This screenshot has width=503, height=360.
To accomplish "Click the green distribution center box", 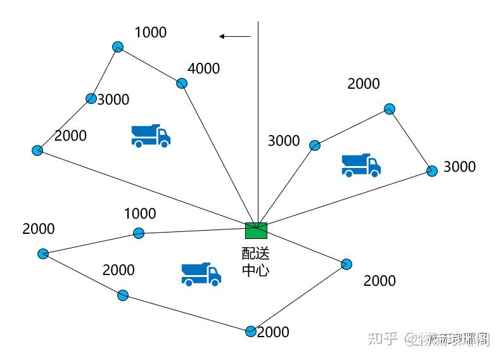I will [x=256, y=230].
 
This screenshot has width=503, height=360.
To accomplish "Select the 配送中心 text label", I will [x=256, y=262].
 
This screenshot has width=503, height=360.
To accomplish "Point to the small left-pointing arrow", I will [x=234, y=37].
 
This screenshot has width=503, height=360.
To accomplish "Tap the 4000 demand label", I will [x=203, y=68].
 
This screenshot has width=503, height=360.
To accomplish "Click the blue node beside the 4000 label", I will [x=182, y=83].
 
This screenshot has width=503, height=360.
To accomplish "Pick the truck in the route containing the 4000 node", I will [x=151, y=136].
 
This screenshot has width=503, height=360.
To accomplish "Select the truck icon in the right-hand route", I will [x=361, y=165].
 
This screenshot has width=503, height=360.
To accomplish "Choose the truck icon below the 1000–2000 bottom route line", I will [x=201, y=274].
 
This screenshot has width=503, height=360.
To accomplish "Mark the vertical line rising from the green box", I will [x=258, y=120].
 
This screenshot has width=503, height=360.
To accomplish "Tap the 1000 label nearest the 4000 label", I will [x=151, y=32].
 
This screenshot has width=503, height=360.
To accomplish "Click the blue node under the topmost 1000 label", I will [x=117, y=46].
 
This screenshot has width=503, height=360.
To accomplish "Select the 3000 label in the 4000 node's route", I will [x=113, y=100].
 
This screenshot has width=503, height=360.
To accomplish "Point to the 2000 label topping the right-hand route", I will [x=364, y=84].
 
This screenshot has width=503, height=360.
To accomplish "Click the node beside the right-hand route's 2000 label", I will [x=390, y=109].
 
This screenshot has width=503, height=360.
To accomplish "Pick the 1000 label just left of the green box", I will [x=139, y=214].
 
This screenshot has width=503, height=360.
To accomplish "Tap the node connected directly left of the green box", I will [x=139, y=233].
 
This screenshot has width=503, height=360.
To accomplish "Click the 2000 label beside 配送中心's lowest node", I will [x=273, y=332].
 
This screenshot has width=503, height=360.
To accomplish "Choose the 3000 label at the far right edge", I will [x=459, y=167].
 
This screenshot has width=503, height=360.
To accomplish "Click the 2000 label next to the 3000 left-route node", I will [x=70, y=136].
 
